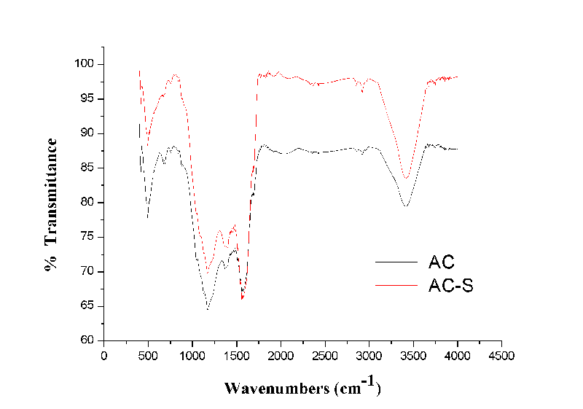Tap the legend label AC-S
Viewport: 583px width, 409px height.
[x=451, y=286]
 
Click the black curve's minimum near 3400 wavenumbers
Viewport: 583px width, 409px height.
[x=405, y=206]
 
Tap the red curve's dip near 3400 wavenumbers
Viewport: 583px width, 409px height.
[x=407, y=178]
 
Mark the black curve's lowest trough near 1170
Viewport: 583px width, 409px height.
[x=208, y=309]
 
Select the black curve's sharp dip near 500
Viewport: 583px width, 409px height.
[x=148, y=217]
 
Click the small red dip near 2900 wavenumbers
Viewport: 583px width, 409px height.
[x=362, y=92]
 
